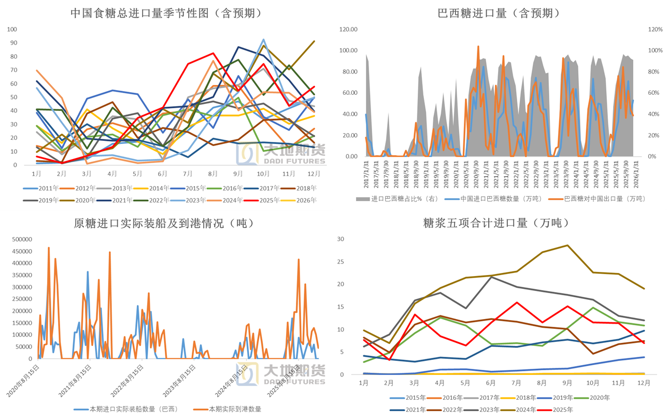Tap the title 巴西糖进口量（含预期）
pyautogui.click(x=499, y=13)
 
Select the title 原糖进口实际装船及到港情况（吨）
pyautogui.click(x=163, y=223)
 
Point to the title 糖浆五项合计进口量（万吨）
pyautogui.click(x=496, y=223)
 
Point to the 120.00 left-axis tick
pyautogui.click(x=348, y=30)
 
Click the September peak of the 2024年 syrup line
pyautogui.click(x=567, y=245)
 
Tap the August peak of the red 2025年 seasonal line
pyautogui.click(x=213, y=53)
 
